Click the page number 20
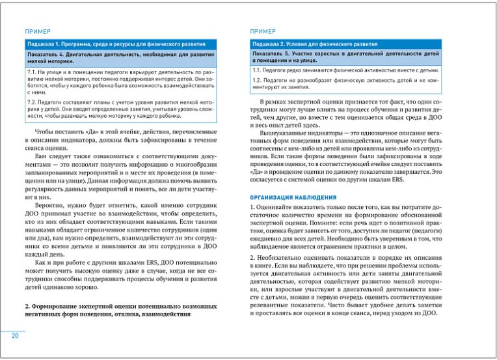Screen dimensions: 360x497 pyautogui.click(x=14, y=336)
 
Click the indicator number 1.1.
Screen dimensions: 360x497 pyautogui.click(x=257, y=69)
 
